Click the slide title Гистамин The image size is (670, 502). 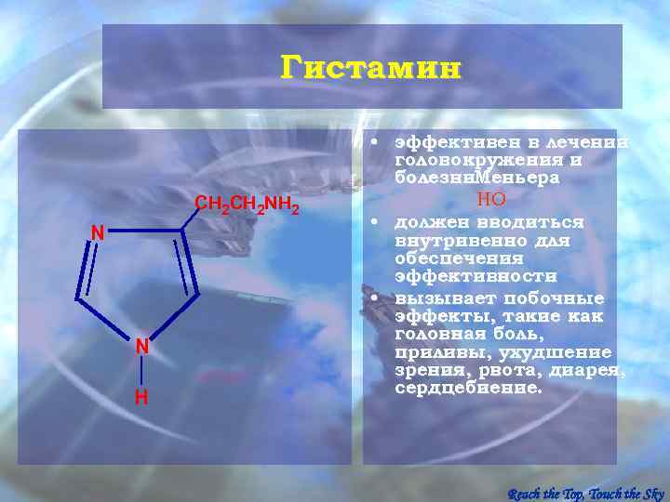tap(370, 69)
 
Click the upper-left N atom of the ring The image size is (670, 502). tap(97, 233)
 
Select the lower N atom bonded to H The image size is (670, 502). tap(141, 346)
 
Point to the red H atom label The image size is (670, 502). tap(141, 397)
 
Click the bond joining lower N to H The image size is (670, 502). tap(141, 372)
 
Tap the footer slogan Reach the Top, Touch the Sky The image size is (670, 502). tap(585, 493)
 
